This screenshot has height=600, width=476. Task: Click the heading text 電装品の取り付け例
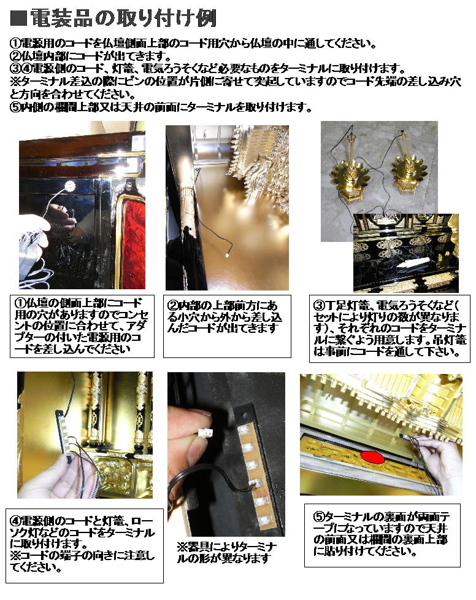tap(123, 18)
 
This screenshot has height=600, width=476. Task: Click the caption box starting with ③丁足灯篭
tap(390, 329)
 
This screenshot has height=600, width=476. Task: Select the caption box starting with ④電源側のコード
tap(85, 544)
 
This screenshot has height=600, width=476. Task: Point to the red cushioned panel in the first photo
tap(133, 240)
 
